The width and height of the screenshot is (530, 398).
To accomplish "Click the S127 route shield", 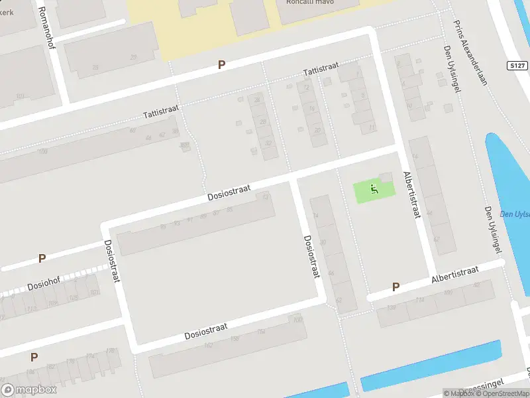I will point(519,65).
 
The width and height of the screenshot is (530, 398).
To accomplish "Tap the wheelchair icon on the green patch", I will point(374,190).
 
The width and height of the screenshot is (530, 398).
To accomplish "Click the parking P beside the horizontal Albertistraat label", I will point(396,287).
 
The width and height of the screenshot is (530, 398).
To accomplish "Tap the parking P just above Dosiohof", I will point(42,259).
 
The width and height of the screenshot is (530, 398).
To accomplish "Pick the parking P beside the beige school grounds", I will point(222,65).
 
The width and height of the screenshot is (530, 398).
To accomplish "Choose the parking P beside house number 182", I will point(33,357).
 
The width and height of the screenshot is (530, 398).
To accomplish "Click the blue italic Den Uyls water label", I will point(515,214).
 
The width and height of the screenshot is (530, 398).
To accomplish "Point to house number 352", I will point(184,145).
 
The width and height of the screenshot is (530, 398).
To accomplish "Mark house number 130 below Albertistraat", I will point(391,307).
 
